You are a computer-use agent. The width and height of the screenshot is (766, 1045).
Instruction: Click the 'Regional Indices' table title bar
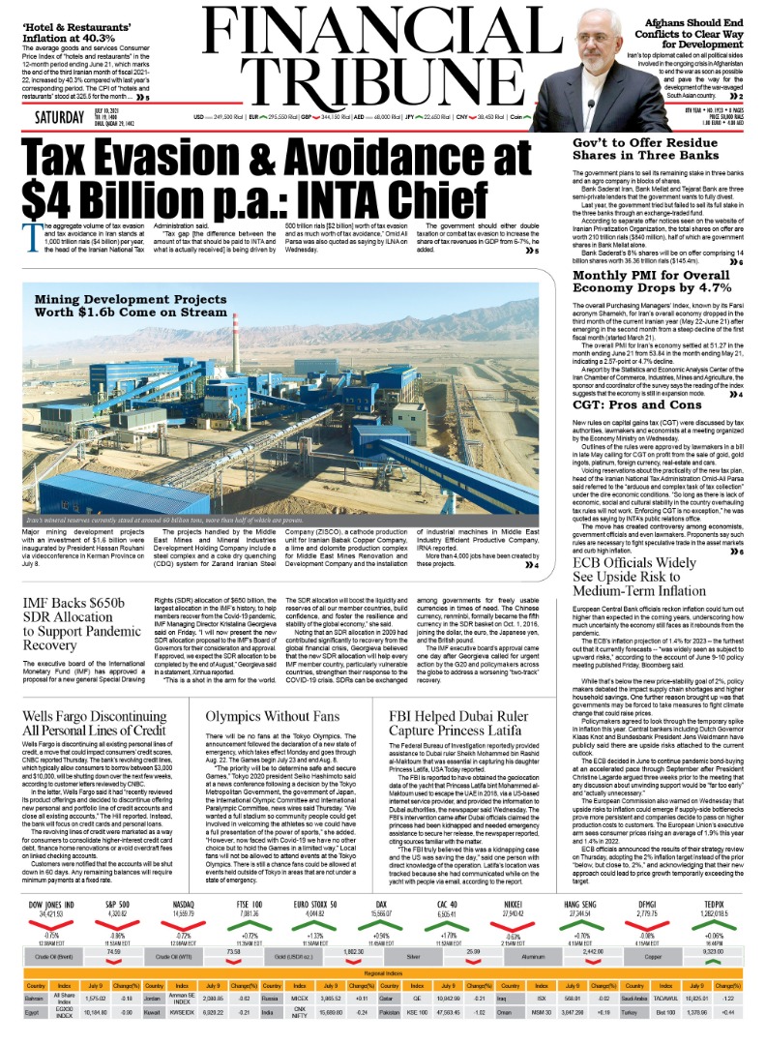click(x=382, y=971)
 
